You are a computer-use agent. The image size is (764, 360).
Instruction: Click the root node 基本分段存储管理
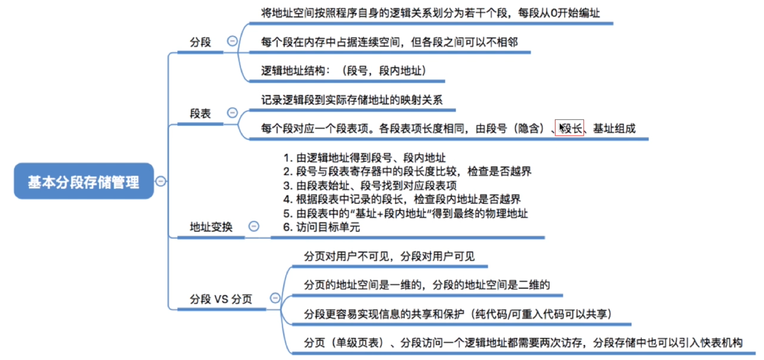[x=84, y=181]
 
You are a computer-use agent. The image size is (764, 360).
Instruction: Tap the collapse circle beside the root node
[x=160, y=181]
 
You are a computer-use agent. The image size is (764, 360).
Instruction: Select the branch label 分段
[x=200, y=42]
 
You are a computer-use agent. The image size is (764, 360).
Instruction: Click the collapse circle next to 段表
[x=232, y=112]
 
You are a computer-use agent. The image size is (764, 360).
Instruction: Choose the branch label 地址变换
[x=211, y=227]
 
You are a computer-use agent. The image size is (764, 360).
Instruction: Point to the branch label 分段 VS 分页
[x=220, y=299]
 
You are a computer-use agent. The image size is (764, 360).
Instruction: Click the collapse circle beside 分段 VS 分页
[x=275, y=298]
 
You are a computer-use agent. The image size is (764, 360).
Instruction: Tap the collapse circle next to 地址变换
[x=254, y=226]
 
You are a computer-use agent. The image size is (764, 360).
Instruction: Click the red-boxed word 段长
[x=569, y=128]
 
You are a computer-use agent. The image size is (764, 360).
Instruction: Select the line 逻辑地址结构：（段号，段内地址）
[x=343, y=71]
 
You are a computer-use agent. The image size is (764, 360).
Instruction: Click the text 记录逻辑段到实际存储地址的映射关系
[x=351, y=100]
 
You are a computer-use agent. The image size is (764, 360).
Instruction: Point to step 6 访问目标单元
[x=321, y=227]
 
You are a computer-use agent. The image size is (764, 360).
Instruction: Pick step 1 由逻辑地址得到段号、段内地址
[x=364, y=158]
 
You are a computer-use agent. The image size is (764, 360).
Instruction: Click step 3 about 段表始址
[x=370, y=185]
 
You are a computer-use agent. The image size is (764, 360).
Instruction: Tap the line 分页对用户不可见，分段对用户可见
[x=389, y=256]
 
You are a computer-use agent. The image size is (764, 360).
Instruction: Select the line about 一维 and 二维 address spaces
[x=427, y=285]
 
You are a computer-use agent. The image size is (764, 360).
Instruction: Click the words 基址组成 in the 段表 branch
[x=614, y=128]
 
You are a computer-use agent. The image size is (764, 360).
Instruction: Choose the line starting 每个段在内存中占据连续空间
[x=389, y=42]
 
